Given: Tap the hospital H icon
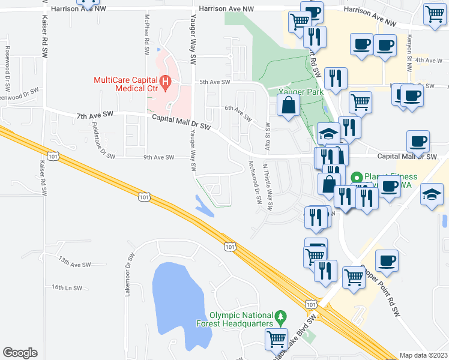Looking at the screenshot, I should click(165, 82).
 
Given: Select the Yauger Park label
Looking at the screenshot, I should click(301, 92).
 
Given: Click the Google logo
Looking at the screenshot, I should click(20, 352).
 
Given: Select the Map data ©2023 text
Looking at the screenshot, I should click(423, 355).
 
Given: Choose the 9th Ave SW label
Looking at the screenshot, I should click(158, 158).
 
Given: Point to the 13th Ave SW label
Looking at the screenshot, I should click(74, 262).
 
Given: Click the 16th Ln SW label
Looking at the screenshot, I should click(66, 288).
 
